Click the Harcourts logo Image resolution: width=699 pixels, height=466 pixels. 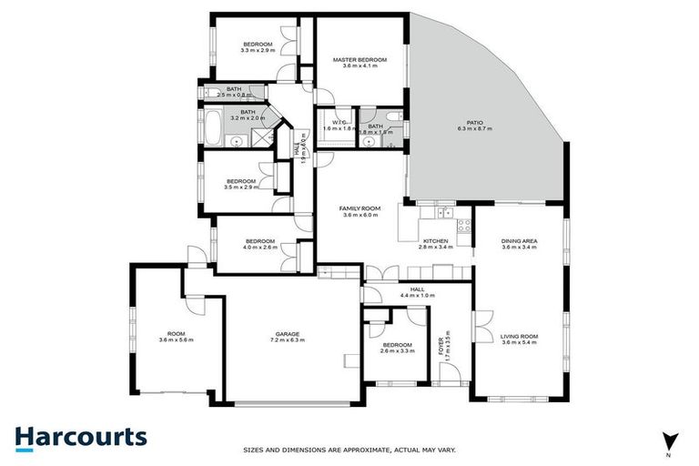pyautogui.click(x=80, y=436)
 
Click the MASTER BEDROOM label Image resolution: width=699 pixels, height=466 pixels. pyautogui.click(x=359, y=60)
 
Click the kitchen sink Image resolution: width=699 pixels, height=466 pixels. pyautogui.click(x=445, y=214)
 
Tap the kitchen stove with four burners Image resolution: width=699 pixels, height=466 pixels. pyautogui.click(x=463, y=228)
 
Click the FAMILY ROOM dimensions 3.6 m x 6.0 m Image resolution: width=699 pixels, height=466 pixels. pyautogui.click(x=360, y=216)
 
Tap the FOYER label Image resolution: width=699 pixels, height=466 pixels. pyautogui.click(x=447, y=341)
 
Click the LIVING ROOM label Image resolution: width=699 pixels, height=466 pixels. pyautogui.click(x=519, y=337)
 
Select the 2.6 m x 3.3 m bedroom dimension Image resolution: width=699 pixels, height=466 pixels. pyautogui.click(x=398, y=350)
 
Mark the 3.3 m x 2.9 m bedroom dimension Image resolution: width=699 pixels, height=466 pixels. pyautogui.click(x=258, y=50)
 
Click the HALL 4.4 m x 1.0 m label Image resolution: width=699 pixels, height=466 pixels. pyautogui.click(x=418, y=295)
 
